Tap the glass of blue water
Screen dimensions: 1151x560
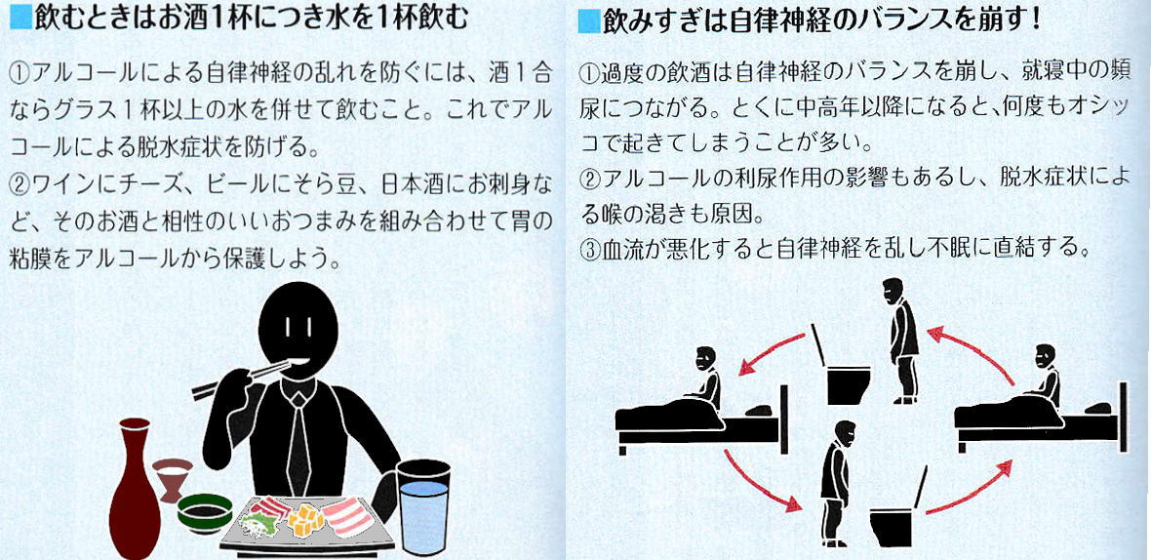click(x=422, y=506)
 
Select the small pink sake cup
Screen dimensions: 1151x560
click(x=173, y=478)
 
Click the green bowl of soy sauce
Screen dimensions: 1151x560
click(x=205, y=511)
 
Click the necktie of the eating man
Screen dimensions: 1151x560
click(x=298, y=440)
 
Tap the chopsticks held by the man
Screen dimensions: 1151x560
click(x=241, y=379)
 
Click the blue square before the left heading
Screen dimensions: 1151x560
click(x=22, y=18)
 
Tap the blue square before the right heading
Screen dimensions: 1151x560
click(x=589, y=22)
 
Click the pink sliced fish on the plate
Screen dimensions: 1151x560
click(x=348, y=515)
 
